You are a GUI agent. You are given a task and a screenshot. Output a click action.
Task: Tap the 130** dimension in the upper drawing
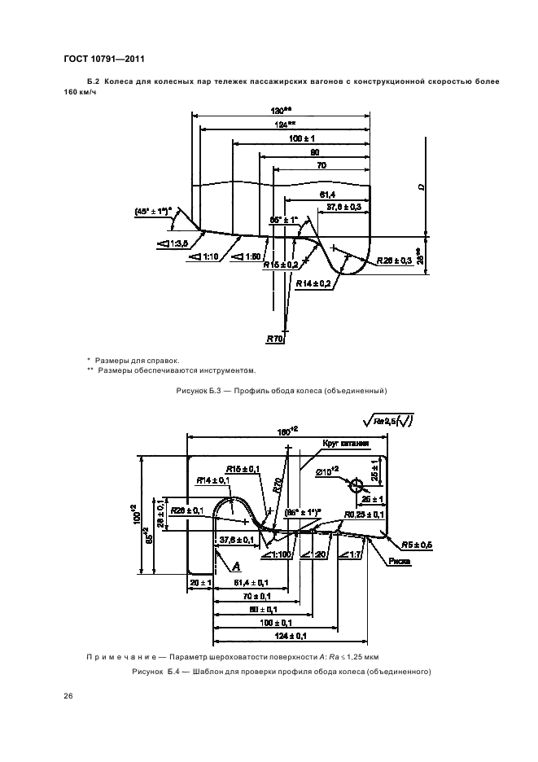(x=282, y=111)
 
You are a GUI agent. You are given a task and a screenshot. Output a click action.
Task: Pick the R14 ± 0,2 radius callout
(x=313, y=282)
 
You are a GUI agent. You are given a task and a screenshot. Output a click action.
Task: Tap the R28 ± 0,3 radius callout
(x=397, y=261)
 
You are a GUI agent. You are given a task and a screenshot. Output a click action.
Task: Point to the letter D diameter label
(x=421, y=186)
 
